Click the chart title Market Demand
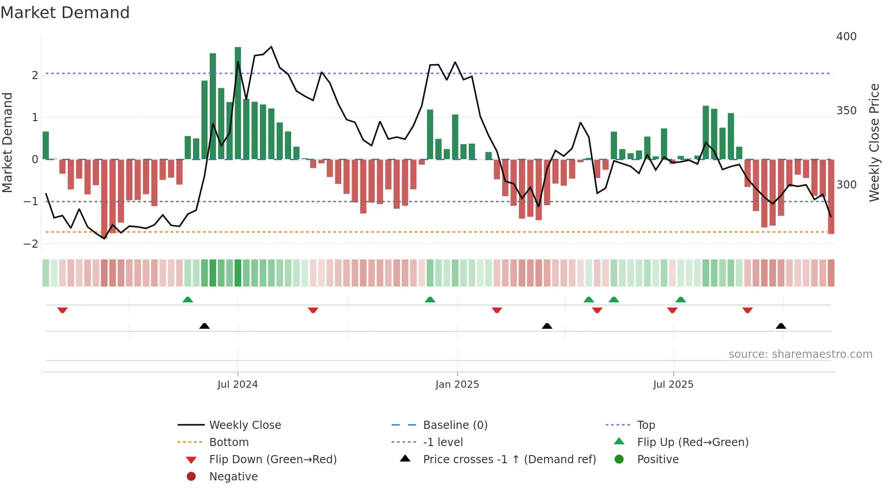click(65, 13)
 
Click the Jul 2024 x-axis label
click(237, 385)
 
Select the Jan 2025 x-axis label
click(457, 385)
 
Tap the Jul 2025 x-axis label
click(673, 385)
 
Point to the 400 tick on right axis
click(846, 37)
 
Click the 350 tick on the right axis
click(846, 111)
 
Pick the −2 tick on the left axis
click(31, 244)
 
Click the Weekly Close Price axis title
click(874, 142)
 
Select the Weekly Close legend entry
click(245, 425)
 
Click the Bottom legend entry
click(229, 442)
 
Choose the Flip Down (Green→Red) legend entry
click(273, 460)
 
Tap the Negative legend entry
click(233, 477)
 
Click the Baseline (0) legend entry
click(455, 425)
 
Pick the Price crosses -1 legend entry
click(509, 460)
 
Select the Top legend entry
click(646, 425)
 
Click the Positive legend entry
click(658, 460)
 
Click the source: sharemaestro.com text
click(800, 354)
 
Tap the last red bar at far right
click(831, 197)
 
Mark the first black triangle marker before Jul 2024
click(204, 326)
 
